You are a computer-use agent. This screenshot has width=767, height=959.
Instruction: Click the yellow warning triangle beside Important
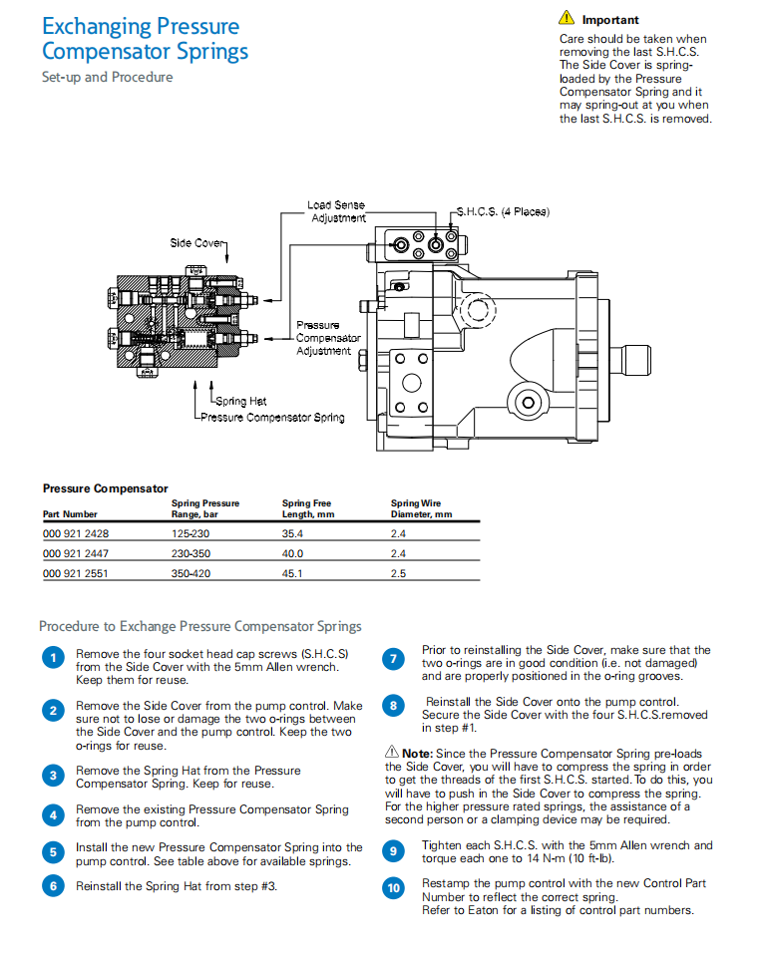coord(567,18)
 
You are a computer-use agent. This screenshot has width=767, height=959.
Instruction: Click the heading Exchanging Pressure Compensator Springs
coord(145,39)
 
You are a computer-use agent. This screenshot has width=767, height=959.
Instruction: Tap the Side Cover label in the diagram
coord(196,243)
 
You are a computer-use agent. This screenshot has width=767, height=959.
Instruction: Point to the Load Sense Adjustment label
coord(337,211)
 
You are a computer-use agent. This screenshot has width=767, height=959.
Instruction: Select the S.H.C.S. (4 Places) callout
coord(503,212)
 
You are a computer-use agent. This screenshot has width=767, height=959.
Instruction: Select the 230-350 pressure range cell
coord(190,554)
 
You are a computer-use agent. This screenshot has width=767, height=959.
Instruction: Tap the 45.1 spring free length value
coord(292,574)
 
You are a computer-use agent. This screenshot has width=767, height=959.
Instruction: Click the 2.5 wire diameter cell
coord(398,574)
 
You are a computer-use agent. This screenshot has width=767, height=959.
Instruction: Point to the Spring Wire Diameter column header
coord(420,509)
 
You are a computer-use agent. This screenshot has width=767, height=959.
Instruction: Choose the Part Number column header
coord(70,514)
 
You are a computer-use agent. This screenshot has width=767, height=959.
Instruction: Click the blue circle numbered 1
coord(52,658)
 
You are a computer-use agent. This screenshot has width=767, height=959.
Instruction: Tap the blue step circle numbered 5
coord(52,852)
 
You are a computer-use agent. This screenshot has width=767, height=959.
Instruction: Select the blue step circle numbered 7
coord(395,658)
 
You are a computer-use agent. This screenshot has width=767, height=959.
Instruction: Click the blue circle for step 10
coord(395,888)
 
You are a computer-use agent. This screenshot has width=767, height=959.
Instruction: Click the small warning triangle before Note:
coord(391,751)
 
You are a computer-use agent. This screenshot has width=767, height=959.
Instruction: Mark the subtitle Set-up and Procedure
coord(107,77)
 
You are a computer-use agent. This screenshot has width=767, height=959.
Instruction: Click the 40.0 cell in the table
coord(292,554)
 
